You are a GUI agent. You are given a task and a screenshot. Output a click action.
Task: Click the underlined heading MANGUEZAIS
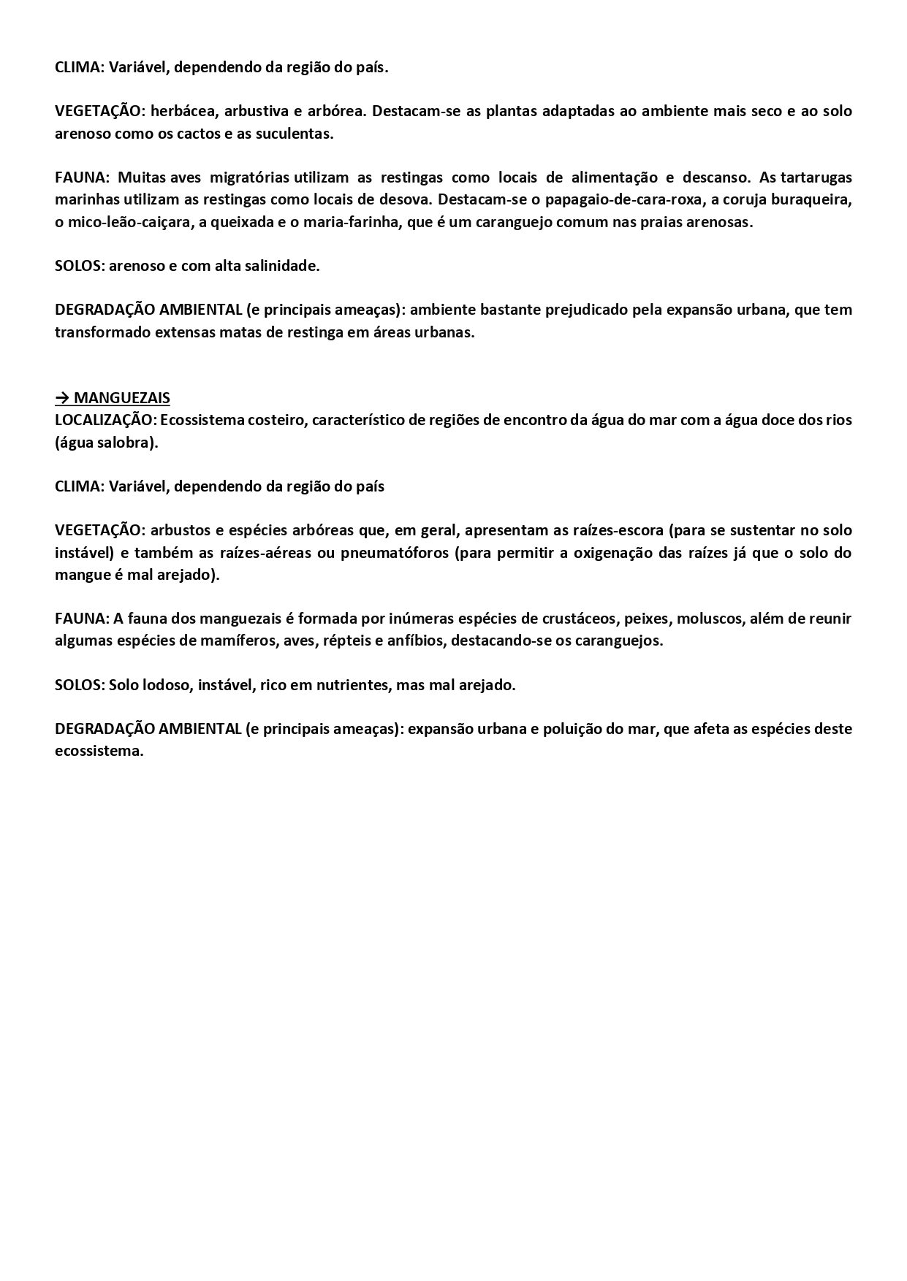(x=122, y=398)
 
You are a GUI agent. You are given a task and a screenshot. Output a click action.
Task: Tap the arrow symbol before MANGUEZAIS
(x=62, y=398)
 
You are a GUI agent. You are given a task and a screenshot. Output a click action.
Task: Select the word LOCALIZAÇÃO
(x=104, y=420)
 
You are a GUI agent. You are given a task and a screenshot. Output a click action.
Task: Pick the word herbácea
(x=183, y=111)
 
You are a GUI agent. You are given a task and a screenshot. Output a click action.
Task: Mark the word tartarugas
(x=816, y=177)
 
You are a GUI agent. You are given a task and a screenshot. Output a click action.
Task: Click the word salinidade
(x=281, y=266)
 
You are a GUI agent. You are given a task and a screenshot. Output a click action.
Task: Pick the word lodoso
(x=171, y=685)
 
